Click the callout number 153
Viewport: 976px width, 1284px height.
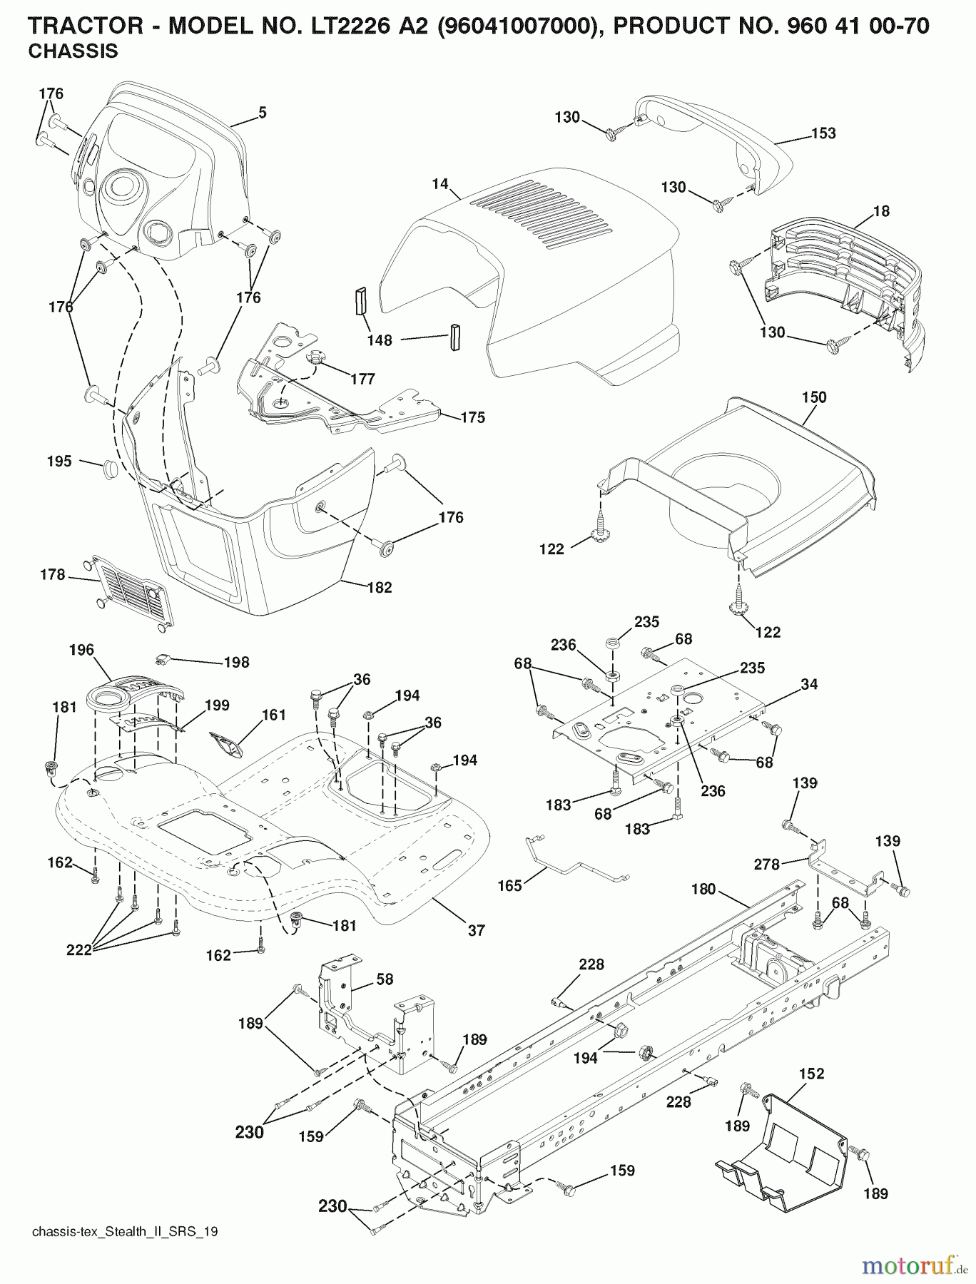pos(823,133)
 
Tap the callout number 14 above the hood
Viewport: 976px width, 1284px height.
pos(440,184)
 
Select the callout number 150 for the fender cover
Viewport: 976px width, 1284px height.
pos(814,397)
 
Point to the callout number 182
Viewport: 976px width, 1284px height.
pos(380,588)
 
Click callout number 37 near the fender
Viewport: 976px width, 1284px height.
pos(476,930)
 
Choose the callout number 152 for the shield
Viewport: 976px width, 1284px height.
pos(812,1074)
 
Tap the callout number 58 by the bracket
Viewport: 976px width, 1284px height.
pos(385,979)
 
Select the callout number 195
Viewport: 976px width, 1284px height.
pos(59,462)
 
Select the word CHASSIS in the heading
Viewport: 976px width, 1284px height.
pos(73,51)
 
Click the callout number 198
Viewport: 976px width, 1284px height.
pos(237,663)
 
